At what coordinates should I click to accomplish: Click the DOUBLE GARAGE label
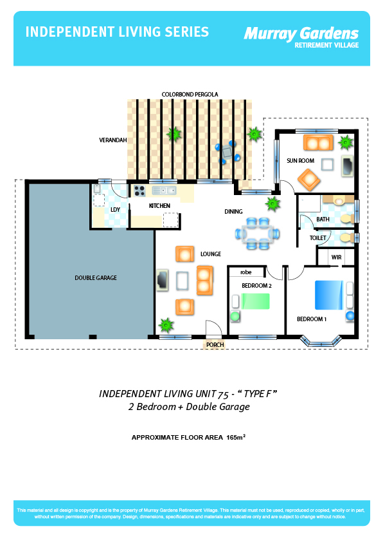pyautogui.click(x=96, y=278)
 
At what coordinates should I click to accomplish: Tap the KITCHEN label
pyautogui.click(x=159, y=206)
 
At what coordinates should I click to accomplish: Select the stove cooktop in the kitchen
pyautogui.click(x=139, y=191)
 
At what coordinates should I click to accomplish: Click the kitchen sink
pyautogui.click(x=165, y=190)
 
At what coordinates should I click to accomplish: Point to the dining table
pyautogui.click(x=258, y=234)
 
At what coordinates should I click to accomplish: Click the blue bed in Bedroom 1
pyautogui.click(x=329, y=295)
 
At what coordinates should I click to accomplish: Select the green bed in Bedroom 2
pyautogui.click(x=255, y=301)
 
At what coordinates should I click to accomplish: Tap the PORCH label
pyautogui.click(x=215, y=344)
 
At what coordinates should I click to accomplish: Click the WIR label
pyautogui.click(x=337, y=257)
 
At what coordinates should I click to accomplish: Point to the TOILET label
pyautogui.click(x=318, y=238)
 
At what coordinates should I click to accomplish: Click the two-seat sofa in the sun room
pyautogui.click(x=318, y=142)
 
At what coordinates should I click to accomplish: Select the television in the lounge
pyautogui.click(x=162, y=280)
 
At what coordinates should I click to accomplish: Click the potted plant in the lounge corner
pyautogui.click(x=166, y=325)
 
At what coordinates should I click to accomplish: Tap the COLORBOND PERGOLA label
pyautogui.click(x=190, y=95)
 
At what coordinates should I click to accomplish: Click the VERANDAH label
pyautogui.click(x=113, y=140)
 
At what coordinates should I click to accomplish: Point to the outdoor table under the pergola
pyautogui.click(x=227, y=151)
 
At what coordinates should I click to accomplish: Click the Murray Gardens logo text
pyautogui.click(x=301, y=34)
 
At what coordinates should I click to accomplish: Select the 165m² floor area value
pyautogui.click(x=236, y=437)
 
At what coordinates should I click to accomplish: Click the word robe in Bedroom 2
pyautogui.click(x=246, y=272)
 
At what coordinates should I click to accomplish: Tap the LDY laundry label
pyautogui.click(x=115, y=209)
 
